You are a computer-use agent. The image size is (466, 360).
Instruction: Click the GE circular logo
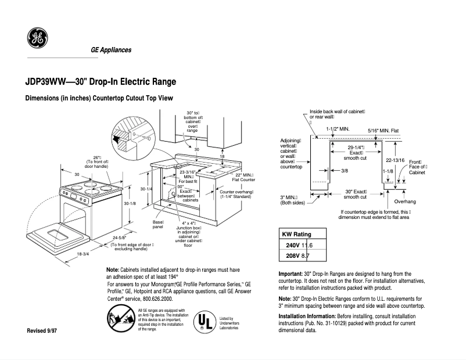(x=38, y=38)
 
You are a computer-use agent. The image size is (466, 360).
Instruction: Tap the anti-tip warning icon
(x=119, y=319)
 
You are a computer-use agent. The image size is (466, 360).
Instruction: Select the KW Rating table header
(x=296, y=235)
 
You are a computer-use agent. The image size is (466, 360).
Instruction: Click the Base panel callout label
(x=158, y=225)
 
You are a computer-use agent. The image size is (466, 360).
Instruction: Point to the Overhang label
(x=404, y=201)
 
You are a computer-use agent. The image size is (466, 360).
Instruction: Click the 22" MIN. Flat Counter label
(x=245, y=177)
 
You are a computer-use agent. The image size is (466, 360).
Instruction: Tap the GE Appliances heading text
(x=110, y=50)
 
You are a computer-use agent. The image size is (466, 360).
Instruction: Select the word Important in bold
(x=291, y=273)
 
